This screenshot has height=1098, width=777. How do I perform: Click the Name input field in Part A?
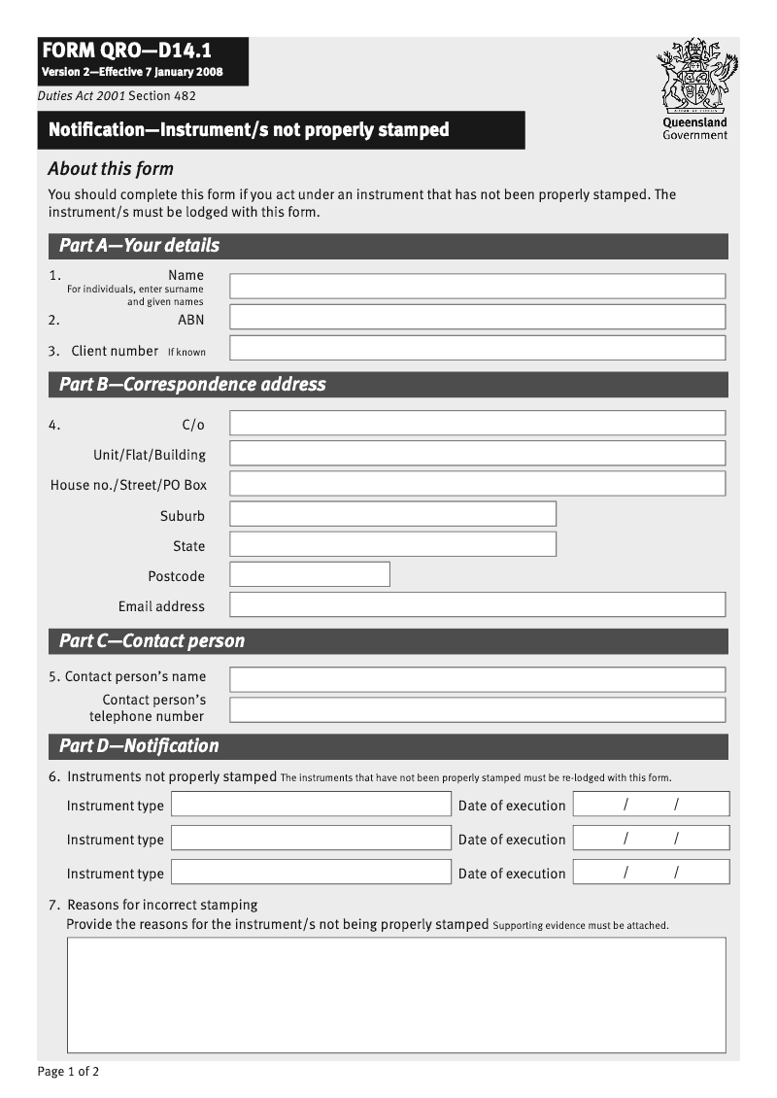[x=477, y=286]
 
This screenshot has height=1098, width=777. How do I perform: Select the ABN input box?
[x=477, y=317]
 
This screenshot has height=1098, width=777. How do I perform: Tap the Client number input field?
[x=477, y=348]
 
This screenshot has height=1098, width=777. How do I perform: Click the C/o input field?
[x=477, y=423]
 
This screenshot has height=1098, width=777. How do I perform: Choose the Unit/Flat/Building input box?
[x=477, y=453]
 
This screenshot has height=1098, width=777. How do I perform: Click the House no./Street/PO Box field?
[x=477, y=483]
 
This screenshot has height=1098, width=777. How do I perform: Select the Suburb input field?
[x=392, y=514]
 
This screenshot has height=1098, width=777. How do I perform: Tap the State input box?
[x=392, y=544]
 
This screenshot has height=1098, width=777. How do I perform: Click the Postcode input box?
[x=309, y=574]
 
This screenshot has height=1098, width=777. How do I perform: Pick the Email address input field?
[x=477, y=604]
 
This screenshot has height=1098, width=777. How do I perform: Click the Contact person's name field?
[x=477, y=679]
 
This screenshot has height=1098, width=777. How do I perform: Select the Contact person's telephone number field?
[x=477, y=709]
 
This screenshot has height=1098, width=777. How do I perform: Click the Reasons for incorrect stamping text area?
[x=395, y=994]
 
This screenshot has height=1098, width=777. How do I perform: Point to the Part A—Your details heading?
[x=139, y=246]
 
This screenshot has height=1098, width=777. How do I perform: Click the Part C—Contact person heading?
[x=152, y=641]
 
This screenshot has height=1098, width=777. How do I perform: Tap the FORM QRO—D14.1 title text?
[x=126, y=51]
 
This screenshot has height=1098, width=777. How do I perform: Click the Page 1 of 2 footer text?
[x=68, y=1072]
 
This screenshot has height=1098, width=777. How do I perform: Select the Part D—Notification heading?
[x=139, y=746]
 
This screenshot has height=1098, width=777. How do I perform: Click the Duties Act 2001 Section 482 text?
[x=117, y=95]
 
